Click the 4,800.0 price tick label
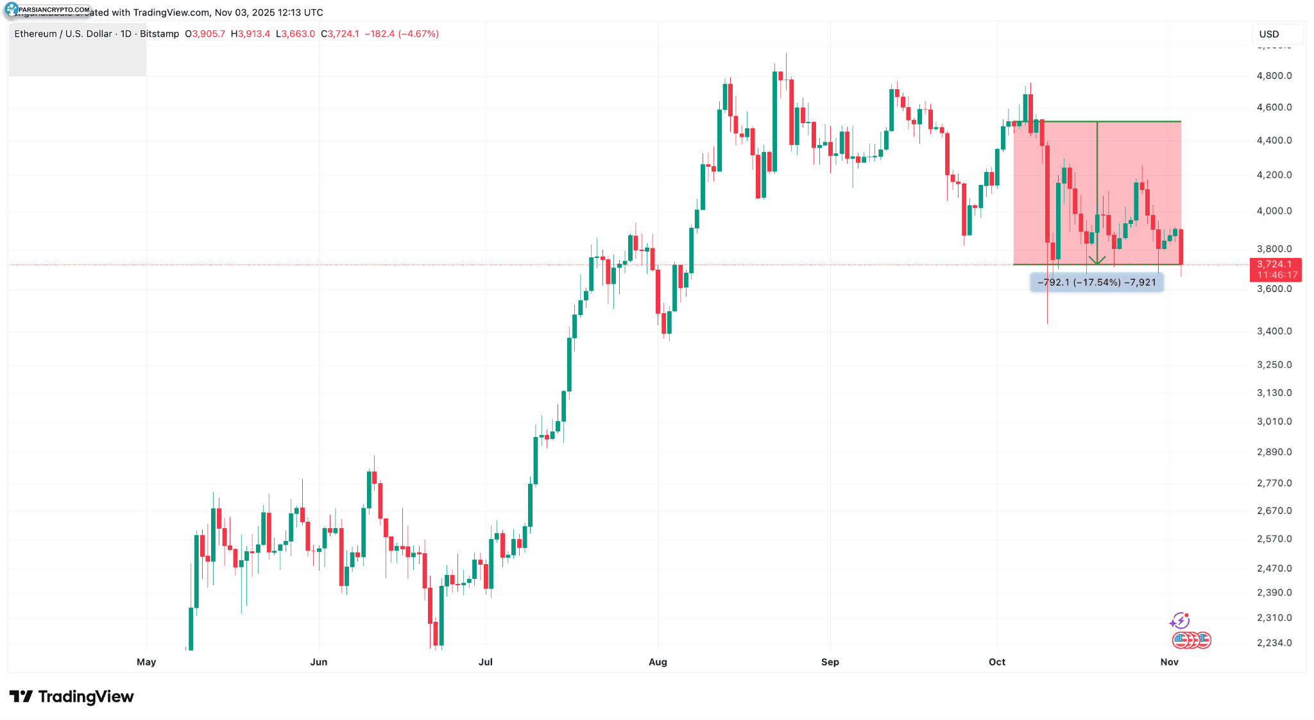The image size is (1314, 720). pos(1274,76)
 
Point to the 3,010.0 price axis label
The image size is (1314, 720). pos(1274,422)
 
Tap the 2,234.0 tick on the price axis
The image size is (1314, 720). pos(1274,643)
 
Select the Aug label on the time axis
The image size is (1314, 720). pos(658,662)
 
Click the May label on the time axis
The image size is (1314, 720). pos(146,662)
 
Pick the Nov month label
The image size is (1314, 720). pos(1169,662)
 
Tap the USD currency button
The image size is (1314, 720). pos(1268,34)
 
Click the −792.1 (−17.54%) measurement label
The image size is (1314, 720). pos(1096,282)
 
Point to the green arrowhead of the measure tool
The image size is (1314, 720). pos(1097,261)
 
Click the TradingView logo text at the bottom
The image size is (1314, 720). pos(72,697)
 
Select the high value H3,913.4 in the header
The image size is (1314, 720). pos(250,34)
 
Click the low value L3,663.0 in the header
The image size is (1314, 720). pos(295,34)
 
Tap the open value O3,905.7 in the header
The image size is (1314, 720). pos(205,34)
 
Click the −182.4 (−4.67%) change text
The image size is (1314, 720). pos(402,34)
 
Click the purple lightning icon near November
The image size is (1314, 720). pos(1179,621)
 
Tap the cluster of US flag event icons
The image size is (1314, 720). pos(1191,640)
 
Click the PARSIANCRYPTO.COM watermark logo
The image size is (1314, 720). pos(47,10)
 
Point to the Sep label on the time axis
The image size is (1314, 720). pos(830,662)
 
